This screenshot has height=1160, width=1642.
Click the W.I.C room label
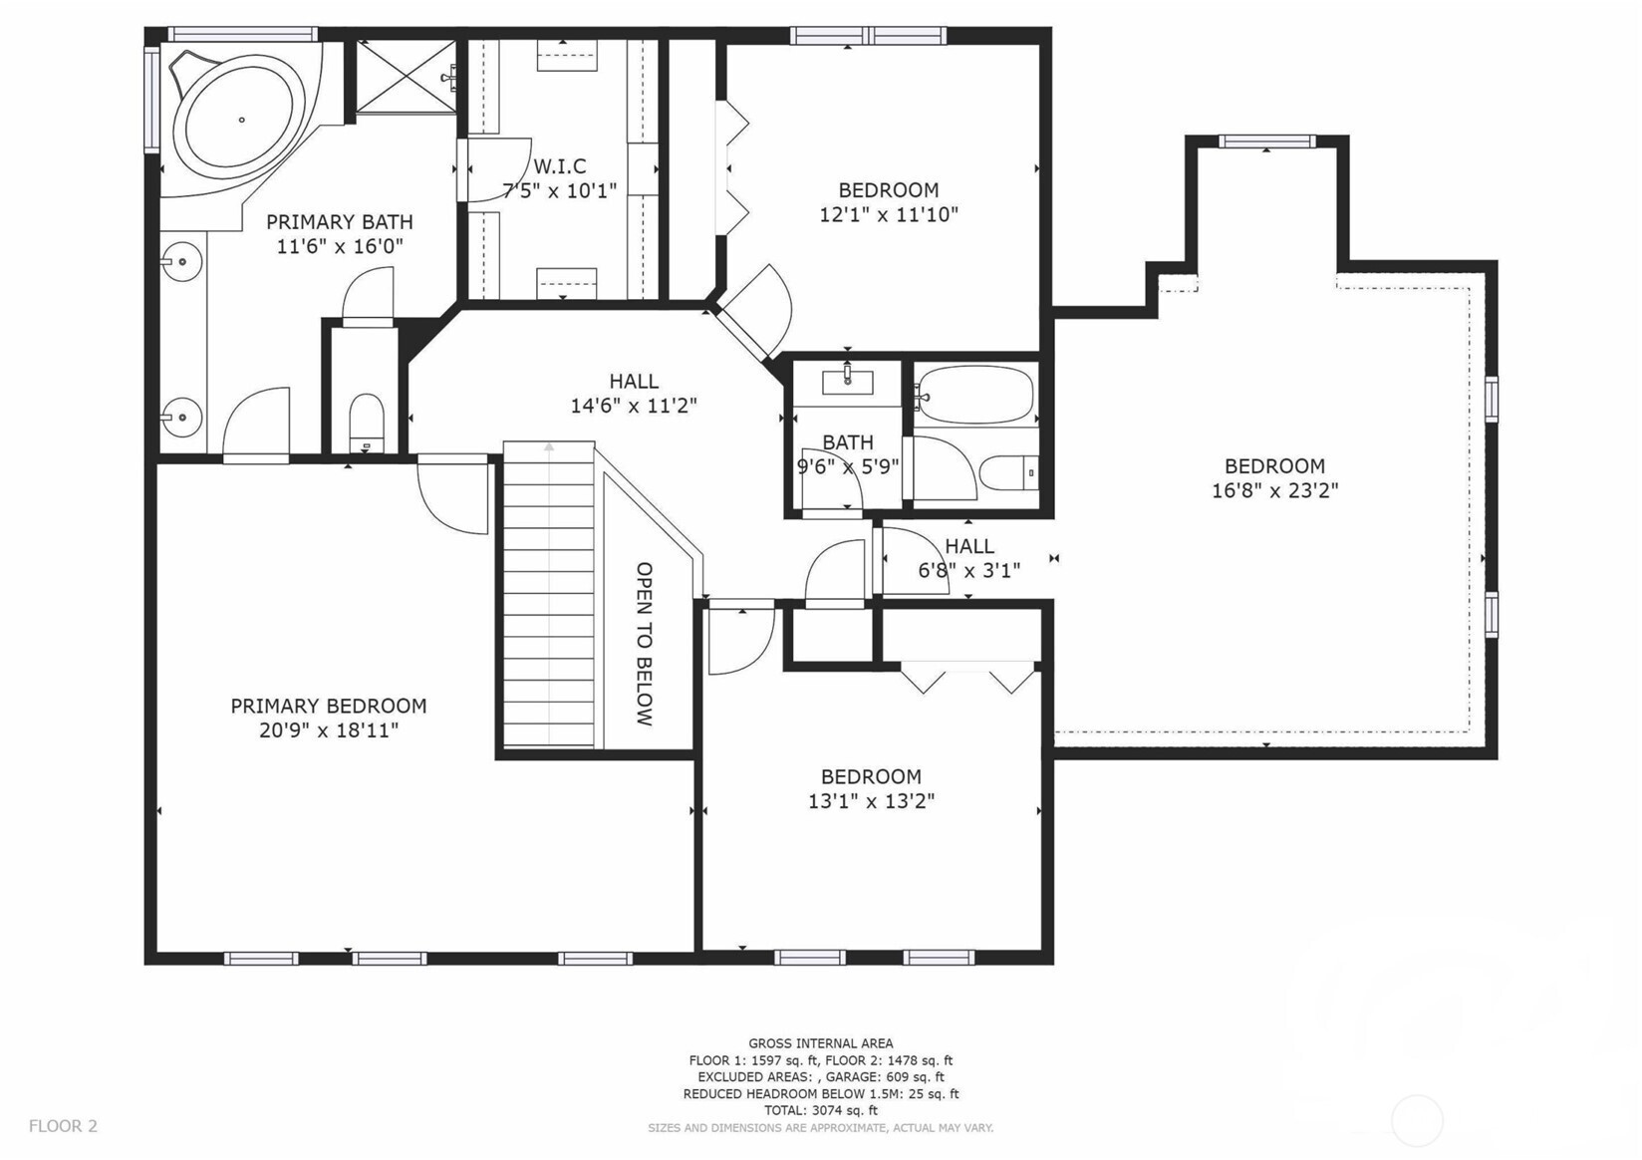[x=560, y=165]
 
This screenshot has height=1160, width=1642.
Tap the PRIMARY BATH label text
[x=340, y=221]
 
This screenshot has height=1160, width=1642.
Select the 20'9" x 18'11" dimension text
[x=329, y=730]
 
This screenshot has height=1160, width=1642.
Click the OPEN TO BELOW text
[x=644, y=644]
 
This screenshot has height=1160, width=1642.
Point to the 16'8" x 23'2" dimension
[x=1274, y=490]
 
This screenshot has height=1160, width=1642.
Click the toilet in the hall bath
[x=1008, y=473]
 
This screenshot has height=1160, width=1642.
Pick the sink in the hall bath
[x=847, y=382]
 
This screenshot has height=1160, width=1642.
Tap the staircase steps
[x=548, y=595]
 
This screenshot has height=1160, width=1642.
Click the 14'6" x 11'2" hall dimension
[x=634, y=406]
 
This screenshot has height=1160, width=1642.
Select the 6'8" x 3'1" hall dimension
[x=969, y=570]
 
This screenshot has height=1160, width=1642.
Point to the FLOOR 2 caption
[x=63, y=1126]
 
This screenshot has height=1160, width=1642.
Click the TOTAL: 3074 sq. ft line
[x=820, y=1111]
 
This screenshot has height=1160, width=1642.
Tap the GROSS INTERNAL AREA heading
[x=820, y=1043]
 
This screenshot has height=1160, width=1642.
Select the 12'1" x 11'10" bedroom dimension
[x=889, y=215]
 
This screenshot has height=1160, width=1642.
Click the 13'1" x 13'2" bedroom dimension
[x=871, y=801]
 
